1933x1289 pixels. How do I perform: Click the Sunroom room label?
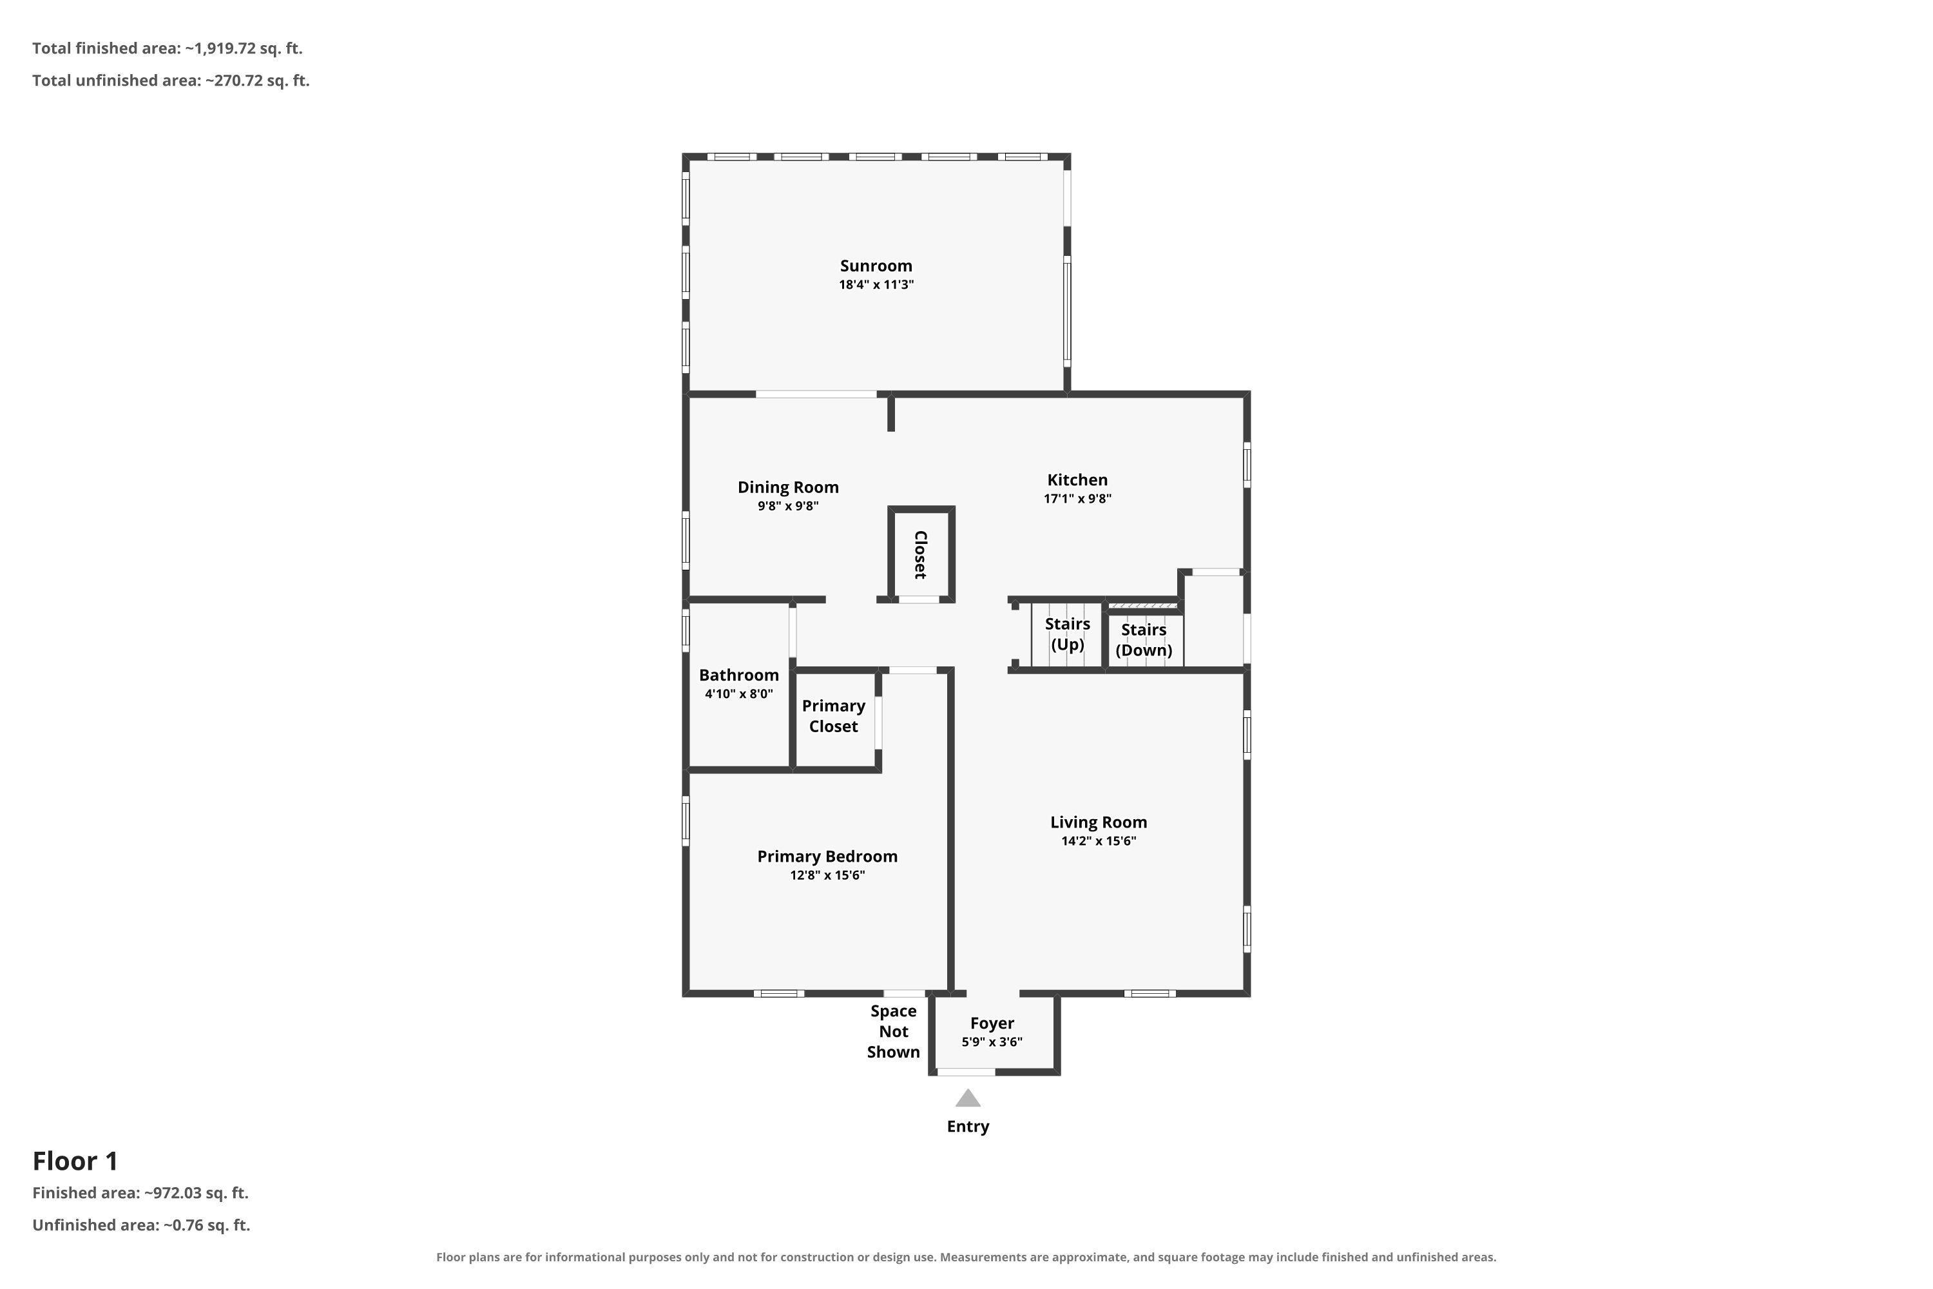click(876, 266)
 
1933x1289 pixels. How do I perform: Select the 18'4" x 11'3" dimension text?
click(876, 284)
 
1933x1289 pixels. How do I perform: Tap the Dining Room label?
click(788, 487)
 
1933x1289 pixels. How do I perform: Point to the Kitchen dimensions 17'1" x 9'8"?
click(1077, 498)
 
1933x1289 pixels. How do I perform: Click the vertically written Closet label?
click(921, 555)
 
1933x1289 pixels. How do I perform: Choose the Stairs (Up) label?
click(1068, 634)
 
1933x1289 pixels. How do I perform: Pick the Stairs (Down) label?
click(1144, 639)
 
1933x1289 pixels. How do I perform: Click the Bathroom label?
click(739, 675)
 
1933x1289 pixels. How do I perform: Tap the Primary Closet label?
click(833, 716)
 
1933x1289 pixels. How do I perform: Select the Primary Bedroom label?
click(827, 857)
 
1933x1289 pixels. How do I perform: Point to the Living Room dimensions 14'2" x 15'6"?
click(1099, 841)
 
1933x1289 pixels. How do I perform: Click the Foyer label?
click(992, 1023)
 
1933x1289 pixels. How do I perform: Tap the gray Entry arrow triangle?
click(968, 1098)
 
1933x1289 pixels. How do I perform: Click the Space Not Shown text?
click(893, 1032)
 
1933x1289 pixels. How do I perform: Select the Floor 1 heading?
click(75, 1161)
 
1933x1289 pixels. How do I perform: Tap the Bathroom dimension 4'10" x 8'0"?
click(739, 694)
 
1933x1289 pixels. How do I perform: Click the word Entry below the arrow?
click(968, 1127)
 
